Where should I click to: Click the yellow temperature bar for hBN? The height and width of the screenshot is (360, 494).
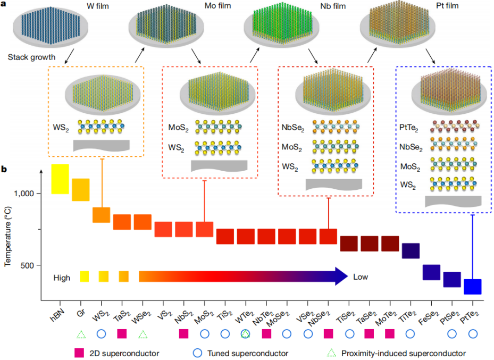[x=60, y=179]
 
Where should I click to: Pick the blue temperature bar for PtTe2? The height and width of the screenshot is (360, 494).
[x=472, y=286]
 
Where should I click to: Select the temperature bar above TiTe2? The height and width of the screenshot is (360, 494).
[x=411, y=251]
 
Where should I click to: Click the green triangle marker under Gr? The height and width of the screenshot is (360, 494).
[x=81, y=334]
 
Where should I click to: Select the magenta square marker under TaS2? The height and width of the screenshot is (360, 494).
[x=122, y=334]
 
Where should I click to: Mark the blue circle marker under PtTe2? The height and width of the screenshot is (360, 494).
[x=472, y=334]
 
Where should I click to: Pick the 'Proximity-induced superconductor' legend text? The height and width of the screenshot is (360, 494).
[x=404, y=353]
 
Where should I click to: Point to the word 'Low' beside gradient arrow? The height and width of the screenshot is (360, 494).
[x=360, y=277]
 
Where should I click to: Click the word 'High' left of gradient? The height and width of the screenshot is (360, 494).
[x=62, y=277]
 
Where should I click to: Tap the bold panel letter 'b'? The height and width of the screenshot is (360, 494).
[x=4, y=171]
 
